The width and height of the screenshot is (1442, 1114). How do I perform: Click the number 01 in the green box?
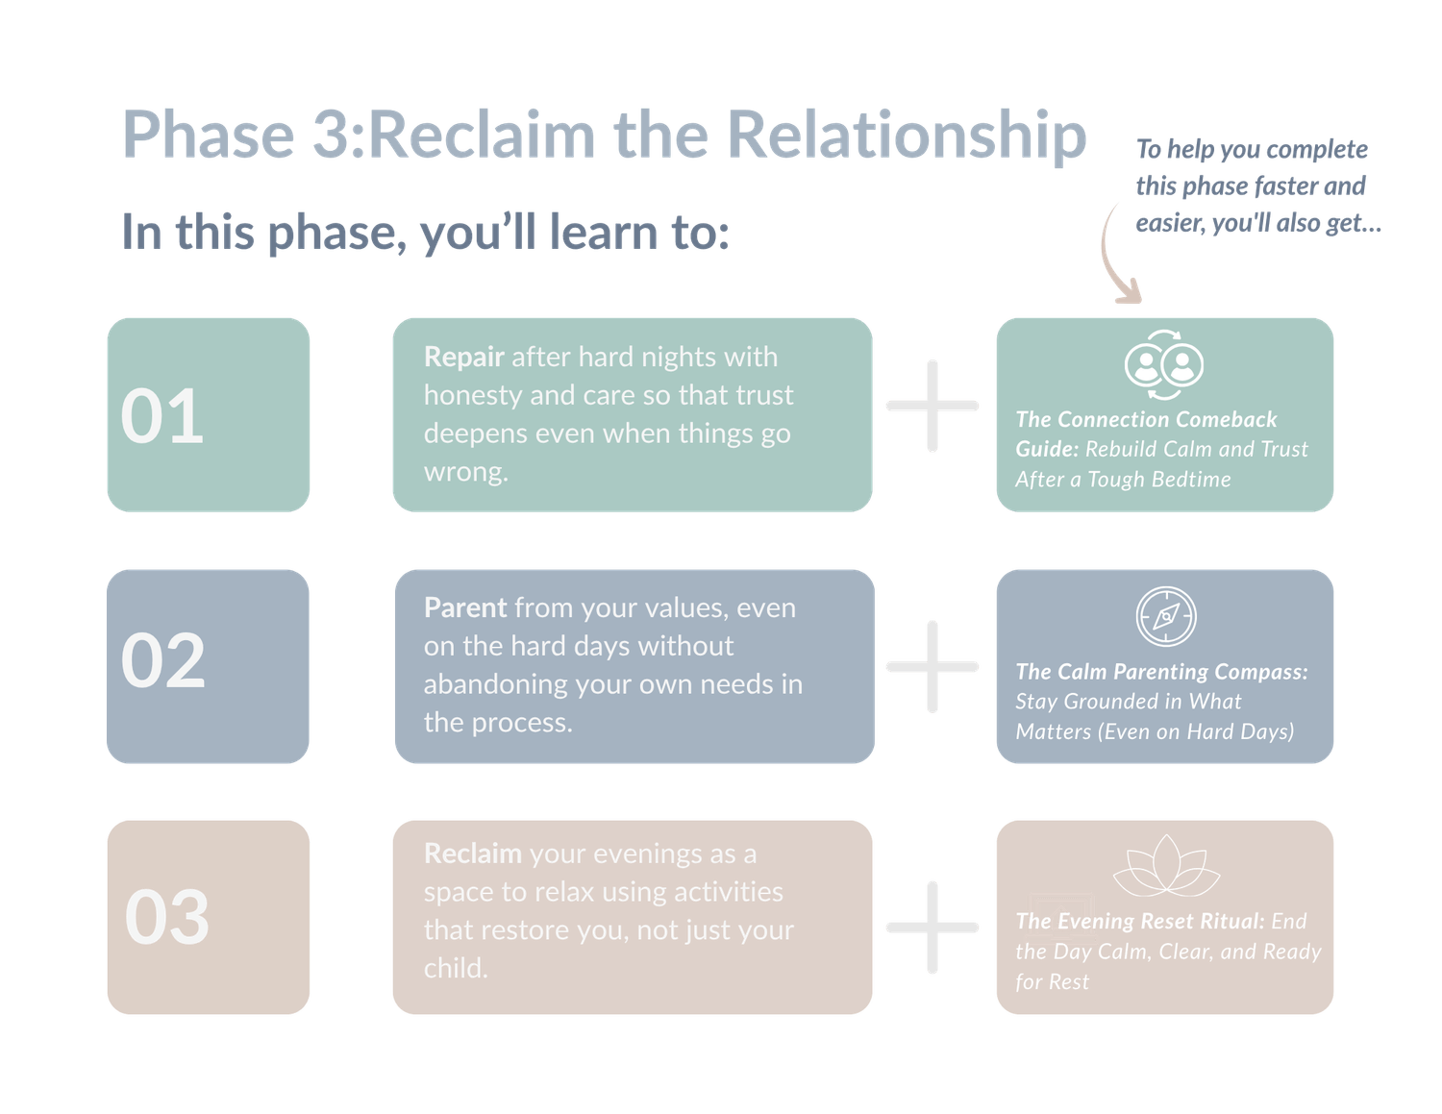pos(162,417)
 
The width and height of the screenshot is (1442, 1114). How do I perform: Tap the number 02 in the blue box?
pos(162,660)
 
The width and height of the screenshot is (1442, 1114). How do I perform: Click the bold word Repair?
pos(464,358)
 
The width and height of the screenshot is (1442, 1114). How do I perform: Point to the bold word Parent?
pos(465,607)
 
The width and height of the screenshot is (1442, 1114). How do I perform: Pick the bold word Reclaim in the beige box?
pos(472,854)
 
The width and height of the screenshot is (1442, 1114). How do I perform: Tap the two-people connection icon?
pos(1164,365)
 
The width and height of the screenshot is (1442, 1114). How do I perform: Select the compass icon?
pos(1166,616)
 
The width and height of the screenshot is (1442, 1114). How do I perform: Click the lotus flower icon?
pos(1166,865)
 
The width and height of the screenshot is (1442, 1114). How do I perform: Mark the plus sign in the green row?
pos(932,406)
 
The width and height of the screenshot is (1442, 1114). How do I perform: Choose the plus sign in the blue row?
pos(932,666)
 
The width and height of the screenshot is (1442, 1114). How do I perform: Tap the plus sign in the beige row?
pos(932,927)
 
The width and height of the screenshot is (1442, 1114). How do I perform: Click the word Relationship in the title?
pos(907,136)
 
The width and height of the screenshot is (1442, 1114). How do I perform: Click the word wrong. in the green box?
pos(466,472)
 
